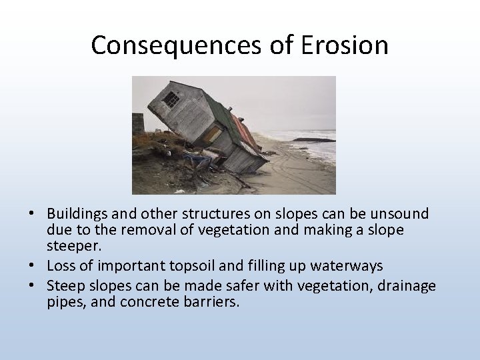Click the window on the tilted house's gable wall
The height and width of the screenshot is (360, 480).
pyautogui.click(x=172, y=100)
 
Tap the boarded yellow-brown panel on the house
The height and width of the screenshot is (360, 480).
pyautogui.click(x=213, y=135)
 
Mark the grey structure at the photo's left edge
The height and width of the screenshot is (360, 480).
pyautogui.click(x=138, y=123)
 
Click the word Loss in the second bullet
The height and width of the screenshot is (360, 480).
pyautogui.click(x=61, y=266)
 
